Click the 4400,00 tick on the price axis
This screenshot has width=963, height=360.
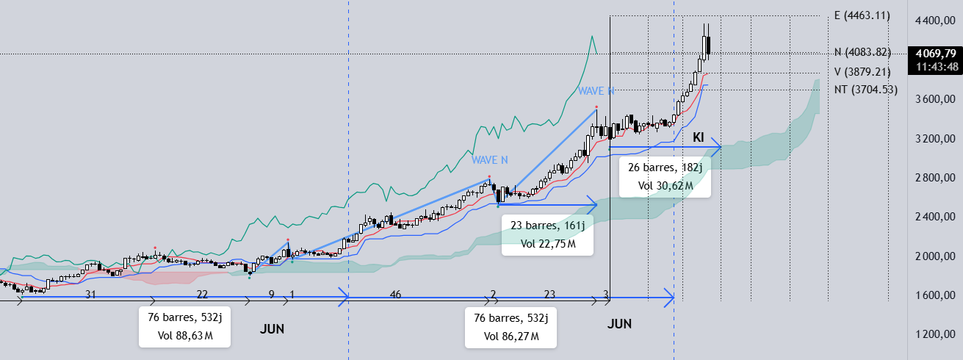(934, 21)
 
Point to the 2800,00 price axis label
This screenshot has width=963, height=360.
(934, 178)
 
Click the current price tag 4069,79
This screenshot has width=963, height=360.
(935, 54)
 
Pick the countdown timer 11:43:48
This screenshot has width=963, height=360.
(935, 67)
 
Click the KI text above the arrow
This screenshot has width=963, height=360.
(699, 137)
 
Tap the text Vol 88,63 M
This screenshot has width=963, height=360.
(185, 336)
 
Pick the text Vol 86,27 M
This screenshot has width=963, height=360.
(511, 336)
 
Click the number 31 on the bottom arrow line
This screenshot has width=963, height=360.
(91, 294)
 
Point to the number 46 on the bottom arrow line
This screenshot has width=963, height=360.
(395, 294)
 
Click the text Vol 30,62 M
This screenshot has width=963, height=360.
(666, 186)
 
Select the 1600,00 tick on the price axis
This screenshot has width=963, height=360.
(934, 295)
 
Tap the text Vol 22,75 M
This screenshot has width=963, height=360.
(548, 244)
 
